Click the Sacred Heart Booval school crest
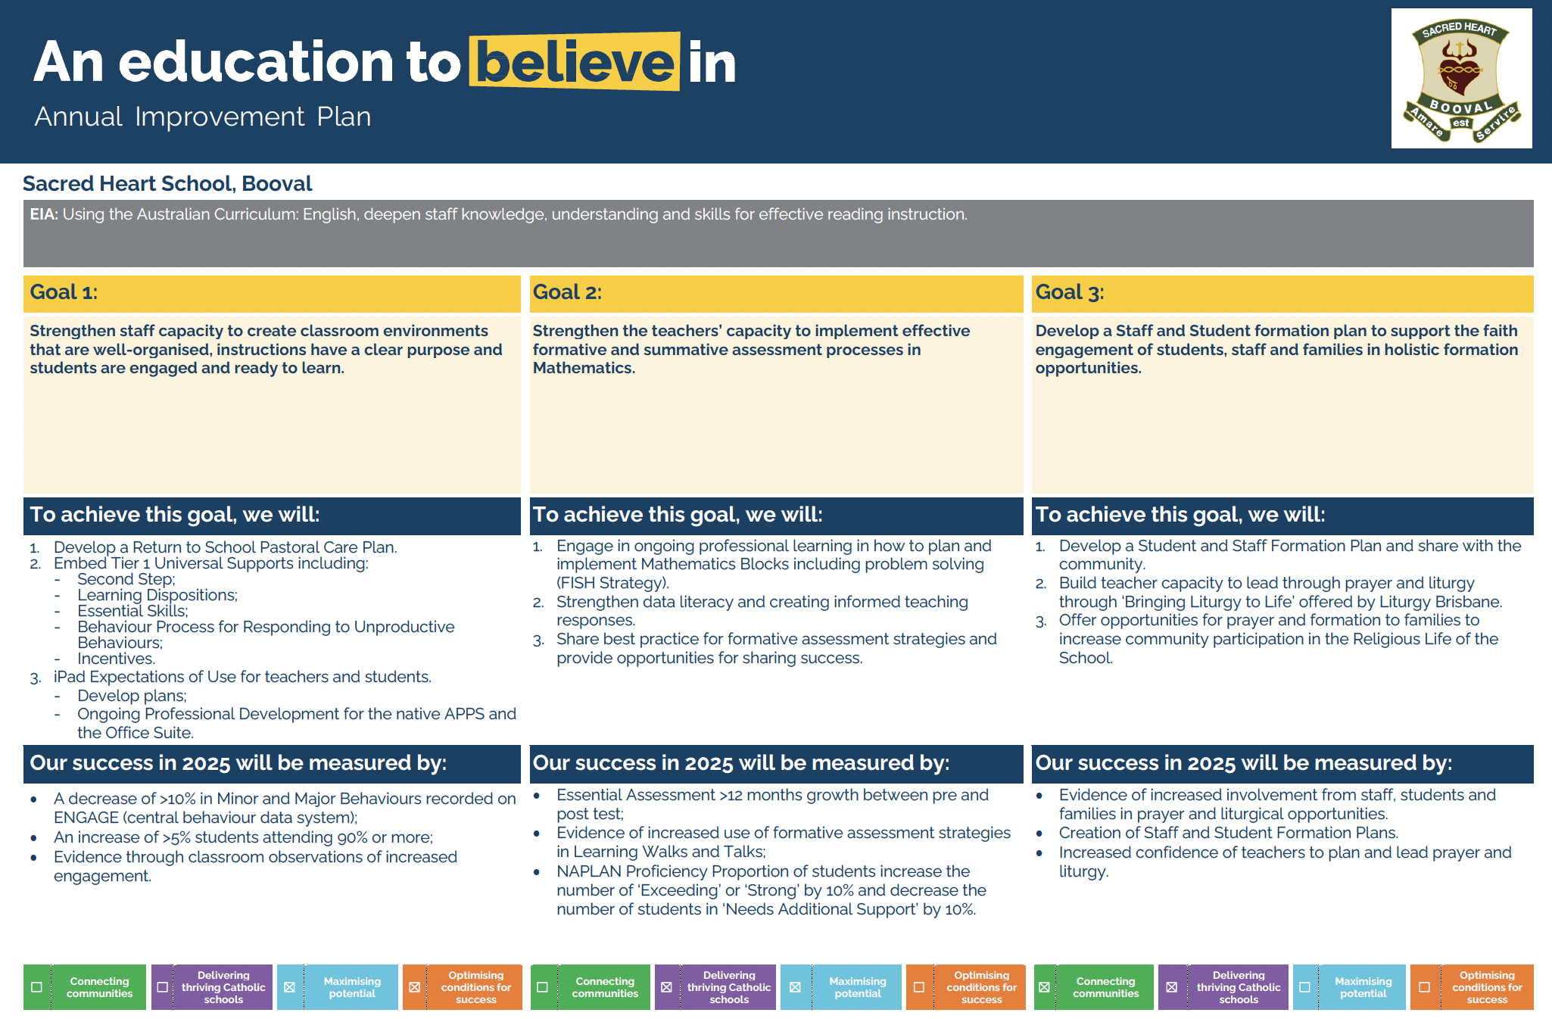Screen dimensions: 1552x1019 (1461, 79)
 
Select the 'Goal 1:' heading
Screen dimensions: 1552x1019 (64, 292)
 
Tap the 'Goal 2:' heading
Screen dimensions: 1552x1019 (567, 292)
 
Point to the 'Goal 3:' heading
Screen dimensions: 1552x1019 (1070, 292)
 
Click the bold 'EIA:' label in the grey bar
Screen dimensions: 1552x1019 (44, 214)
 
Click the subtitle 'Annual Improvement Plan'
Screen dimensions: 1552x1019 (203, 117)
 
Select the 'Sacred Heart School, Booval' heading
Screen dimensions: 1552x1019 (167, 183)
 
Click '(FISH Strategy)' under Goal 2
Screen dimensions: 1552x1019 (612, 583)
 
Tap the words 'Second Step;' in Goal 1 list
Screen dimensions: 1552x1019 (126, 579)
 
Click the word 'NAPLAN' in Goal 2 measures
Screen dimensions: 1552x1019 (589, 871)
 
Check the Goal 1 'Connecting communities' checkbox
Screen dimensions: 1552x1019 (36, 987)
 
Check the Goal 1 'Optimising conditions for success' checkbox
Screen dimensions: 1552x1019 (414, 987)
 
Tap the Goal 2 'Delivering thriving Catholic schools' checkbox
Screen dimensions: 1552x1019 (666, 987)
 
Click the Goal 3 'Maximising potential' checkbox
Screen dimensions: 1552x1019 (1304, 987)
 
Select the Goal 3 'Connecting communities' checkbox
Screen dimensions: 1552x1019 (1044, 987)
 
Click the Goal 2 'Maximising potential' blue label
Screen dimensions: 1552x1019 (857, 987)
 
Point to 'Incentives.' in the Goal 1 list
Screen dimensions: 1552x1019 (116, 659)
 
